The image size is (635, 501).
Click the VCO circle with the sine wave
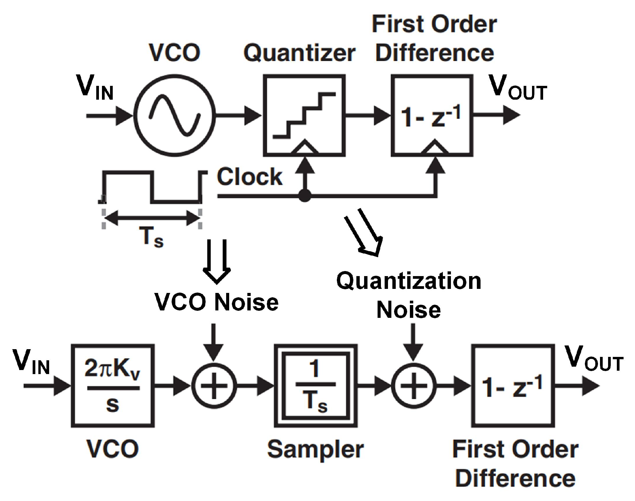pos(174,115)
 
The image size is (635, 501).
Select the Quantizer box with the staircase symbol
pos(304,115)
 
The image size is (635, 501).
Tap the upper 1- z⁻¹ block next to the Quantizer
pos(432,115)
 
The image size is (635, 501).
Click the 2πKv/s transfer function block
pos(112,386)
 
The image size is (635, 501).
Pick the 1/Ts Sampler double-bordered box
pos(315,386)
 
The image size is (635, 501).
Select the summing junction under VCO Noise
pos(214,386)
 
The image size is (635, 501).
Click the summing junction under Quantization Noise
pos(414,386)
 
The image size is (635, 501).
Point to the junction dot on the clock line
pos(305,195)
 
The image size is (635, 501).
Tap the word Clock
pos(249,177)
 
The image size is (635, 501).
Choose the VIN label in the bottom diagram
pos(31,362)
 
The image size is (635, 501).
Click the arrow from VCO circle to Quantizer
pos(238,115)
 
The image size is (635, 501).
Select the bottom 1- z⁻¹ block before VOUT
pos(513,386)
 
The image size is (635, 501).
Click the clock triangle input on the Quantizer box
pos(304,148)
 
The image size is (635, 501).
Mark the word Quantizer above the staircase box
pos(299,53)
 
